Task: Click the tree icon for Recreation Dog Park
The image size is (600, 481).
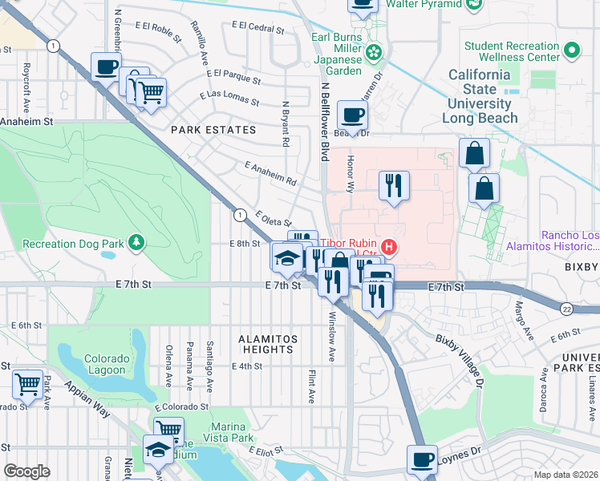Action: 136,242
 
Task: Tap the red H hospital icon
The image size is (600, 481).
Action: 389,245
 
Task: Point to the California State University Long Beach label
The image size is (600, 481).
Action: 479,95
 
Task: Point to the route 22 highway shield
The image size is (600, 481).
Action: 567,308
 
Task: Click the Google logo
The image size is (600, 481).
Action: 26,471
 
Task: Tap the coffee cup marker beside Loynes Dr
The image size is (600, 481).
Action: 422,460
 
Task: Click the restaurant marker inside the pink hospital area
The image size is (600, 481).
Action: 393,186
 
